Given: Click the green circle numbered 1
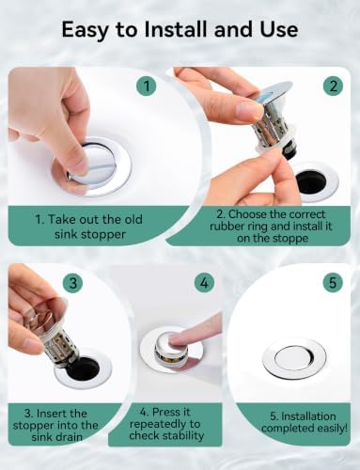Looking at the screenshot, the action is pyautogui.click(x=147, y=86).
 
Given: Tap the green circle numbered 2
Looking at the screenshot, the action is pyautogui.click(x=333, y=86).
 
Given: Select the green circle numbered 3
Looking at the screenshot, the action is pyautogui.click(x=73, y=283).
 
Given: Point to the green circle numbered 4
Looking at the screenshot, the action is pyautogui.click(x=204, y=283).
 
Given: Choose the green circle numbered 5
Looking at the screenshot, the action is pyautogui.click(x=333, y=283).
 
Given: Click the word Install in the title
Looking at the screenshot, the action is pyautogui.click(x=178, y=30).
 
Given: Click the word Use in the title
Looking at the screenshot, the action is pyautogui.click(x=279, y=30).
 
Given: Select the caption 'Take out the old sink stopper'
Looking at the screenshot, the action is pyautogui.click(x=89, y=227).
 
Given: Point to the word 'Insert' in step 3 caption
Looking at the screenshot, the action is pyautogui.click(x=52, y=414).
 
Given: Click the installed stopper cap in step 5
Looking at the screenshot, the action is pyautogui.click(x=294, y=357).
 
